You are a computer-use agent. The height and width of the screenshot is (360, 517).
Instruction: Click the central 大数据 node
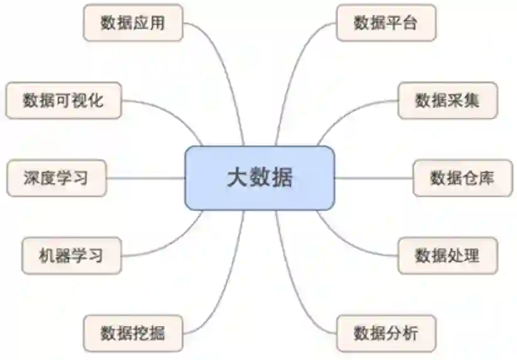259,177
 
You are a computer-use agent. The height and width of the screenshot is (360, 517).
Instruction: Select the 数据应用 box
132,23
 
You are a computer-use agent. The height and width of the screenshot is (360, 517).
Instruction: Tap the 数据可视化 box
63,100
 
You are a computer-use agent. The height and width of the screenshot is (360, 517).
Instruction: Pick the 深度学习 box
56,177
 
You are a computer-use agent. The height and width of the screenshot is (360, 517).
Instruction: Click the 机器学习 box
71,255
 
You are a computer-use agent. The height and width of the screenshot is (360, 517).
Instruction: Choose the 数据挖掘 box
132,332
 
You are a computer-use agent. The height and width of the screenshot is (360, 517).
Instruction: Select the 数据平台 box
385,23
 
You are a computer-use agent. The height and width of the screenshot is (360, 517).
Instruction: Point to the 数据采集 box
447,100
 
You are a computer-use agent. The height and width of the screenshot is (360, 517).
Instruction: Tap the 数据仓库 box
462,177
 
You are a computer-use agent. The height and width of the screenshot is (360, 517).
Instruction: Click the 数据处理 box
447,255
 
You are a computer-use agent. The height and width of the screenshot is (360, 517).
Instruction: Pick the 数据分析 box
385,332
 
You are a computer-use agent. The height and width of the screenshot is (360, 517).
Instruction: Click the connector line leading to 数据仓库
373,177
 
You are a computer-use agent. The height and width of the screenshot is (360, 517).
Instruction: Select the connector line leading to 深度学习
146,177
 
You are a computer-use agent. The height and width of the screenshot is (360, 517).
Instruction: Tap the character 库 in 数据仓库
486,177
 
